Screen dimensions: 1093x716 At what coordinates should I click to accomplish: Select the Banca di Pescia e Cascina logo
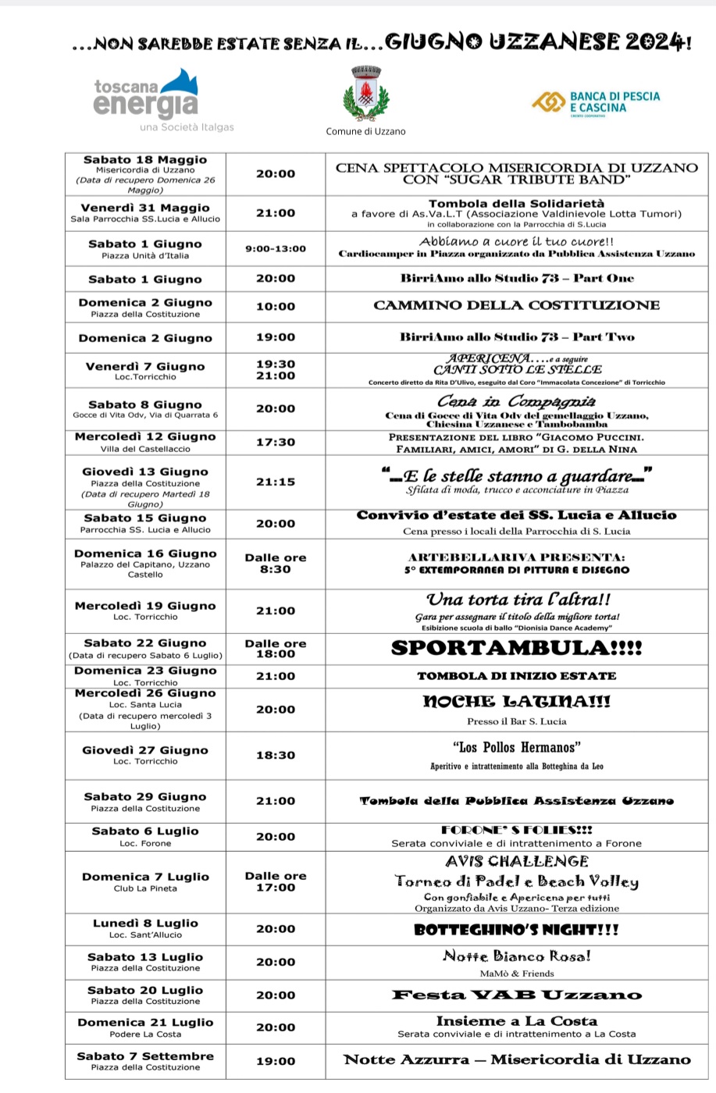click(x=596, y=102)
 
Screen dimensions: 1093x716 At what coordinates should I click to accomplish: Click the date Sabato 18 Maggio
click(x=145, y=160)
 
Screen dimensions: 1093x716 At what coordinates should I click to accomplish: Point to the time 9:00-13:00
click(x=276, y=249)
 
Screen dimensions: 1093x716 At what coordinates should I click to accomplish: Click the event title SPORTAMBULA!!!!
click(x=516, y=648)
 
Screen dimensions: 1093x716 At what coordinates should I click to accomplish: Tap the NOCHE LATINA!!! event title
click(x=516, y=702)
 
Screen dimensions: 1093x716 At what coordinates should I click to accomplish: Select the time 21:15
click(x=276, y=482)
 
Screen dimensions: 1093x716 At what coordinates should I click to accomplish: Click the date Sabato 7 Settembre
click(x=145, y=1056)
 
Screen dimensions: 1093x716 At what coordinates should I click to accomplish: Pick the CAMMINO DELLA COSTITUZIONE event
click(x=516, y=305)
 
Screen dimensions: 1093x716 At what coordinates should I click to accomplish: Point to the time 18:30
click(x=276, y=755)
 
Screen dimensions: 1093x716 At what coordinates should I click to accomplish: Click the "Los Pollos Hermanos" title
click(x=516, y=747)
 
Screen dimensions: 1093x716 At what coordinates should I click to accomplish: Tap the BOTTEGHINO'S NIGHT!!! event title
click(x=516, y=929)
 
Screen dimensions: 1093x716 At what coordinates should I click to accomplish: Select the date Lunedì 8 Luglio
click(x=145, y=923)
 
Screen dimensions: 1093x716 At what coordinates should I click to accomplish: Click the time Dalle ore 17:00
click(x=276, y=881)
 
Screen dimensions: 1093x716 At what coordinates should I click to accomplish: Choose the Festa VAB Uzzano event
click(x=516, y=995)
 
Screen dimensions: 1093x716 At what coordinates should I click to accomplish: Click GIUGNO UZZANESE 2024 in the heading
click(x=538, y=43)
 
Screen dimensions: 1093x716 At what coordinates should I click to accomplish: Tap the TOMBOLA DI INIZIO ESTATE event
click(x=516, y=676)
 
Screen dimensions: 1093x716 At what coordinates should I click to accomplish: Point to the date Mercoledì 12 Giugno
click(x=145, y=436)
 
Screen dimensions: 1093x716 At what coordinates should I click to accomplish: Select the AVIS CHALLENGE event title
click(x=516, y=861)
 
